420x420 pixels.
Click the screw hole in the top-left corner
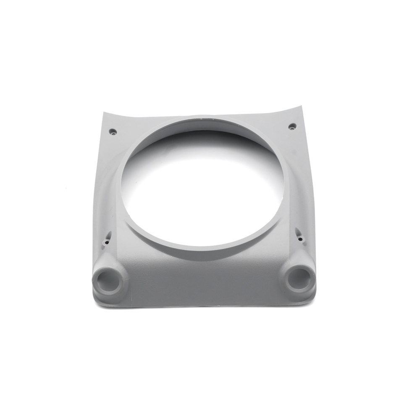point(113,131)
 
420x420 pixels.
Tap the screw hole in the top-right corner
point(292,126)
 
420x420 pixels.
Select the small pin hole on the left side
point(107,242)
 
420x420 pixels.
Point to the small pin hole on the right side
point(300,239)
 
